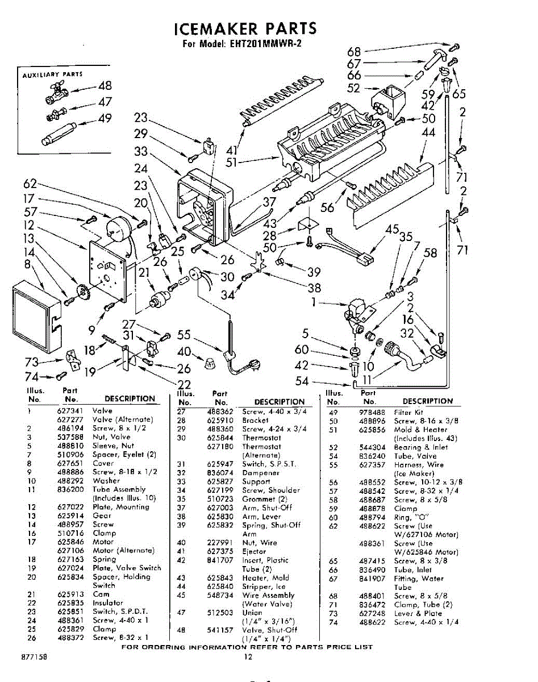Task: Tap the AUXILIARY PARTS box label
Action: [x=52, y=74]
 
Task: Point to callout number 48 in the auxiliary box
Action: [x=105, y=86]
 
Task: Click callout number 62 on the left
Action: [x=30, y=184]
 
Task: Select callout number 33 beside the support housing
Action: [x=141, y=152]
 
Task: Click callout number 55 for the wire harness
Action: [x=183, y=335]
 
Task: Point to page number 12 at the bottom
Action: [x=248, y=657]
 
